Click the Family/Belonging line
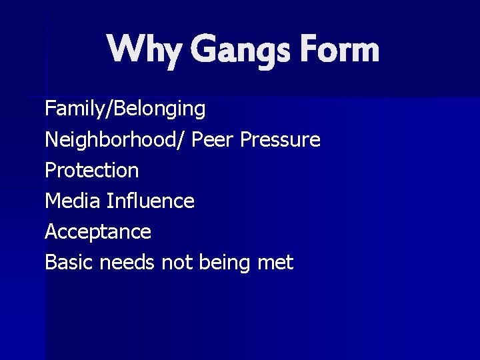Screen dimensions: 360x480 tap(125, 109)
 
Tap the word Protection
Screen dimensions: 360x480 tap(92, 171)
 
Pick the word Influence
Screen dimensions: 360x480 tap(150, 201)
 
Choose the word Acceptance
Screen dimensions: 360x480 tap(98, 232)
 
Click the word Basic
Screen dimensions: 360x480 tap(69, 263)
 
